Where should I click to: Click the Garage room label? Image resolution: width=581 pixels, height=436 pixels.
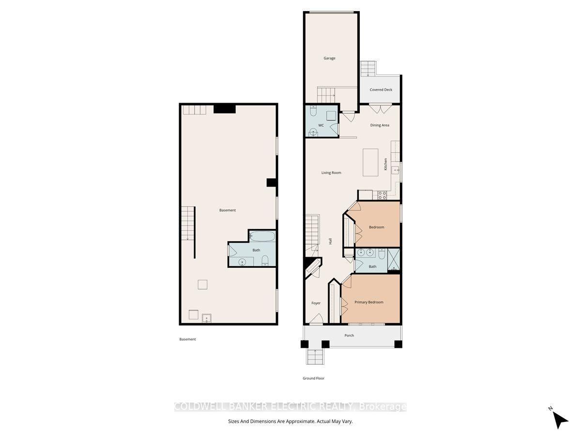[329, 58]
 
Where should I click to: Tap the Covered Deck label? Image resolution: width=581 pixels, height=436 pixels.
[381, 90]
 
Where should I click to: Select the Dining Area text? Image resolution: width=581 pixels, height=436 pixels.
[380, 125]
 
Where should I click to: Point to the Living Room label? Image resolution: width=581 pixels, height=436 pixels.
[331, 172]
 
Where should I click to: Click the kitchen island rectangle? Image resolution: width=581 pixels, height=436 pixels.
[370, 162]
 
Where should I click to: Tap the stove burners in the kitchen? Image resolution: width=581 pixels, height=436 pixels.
[382, 195]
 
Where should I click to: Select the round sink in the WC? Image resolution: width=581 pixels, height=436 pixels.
[313, 132]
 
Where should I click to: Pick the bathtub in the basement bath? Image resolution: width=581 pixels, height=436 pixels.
[262, 236]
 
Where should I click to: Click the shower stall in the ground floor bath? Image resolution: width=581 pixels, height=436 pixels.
[393, 260]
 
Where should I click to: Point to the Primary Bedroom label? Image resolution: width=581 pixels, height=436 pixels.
[369, 302]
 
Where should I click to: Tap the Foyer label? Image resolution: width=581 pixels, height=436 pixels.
[316, 303]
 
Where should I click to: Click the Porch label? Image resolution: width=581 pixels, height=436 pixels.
[349, 335]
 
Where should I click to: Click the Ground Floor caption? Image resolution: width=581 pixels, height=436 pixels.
[313, 378]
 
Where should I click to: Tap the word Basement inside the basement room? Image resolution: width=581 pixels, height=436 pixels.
[228, 210]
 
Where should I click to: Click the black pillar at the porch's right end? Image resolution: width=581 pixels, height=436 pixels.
[398, 344]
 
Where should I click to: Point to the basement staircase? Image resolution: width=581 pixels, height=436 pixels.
[188, 224]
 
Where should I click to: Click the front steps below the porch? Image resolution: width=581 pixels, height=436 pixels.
[315, 357]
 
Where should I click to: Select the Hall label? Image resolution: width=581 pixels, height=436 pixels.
[330, 241]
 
